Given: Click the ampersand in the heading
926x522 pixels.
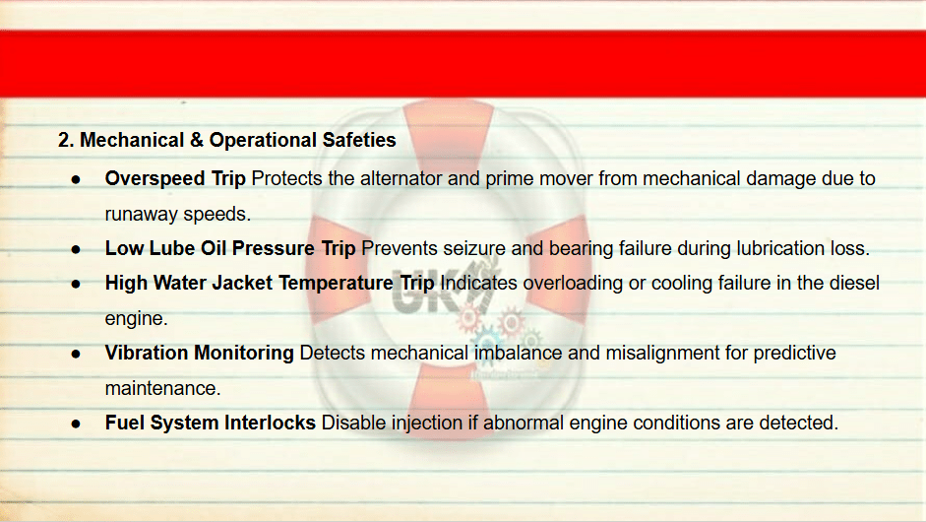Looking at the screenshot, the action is [x=197, y=140].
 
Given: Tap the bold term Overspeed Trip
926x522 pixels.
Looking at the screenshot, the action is [x=175, y=178].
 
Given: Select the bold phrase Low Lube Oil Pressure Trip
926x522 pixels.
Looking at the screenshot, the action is [x=230, y=248].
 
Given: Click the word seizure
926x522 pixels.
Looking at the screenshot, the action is [x=474, y=248].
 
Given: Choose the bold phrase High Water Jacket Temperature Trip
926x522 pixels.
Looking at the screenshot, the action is [x=270, y=284].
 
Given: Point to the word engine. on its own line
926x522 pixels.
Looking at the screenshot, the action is [x=137, y=319].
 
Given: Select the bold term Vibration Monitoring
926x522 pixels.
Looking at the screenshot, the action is [x=200, y=353].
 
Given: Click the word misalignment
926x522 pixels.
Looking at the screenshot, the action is [x=662, y=353].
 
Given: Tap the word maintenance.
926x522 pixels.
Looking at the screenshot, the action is [x=163, y=388].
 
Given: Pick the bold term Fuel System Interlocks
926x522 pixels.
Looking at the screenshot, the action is [x=211, y=424].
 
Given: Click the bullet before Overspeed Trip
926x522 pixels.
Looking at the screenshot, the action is [x=76, y=179].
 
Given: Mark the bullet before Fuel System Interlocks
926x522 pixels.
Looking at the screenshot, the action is [x=76, y=424].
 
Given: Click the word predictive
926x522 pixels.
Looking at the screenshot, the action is [x=795, y=353].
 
